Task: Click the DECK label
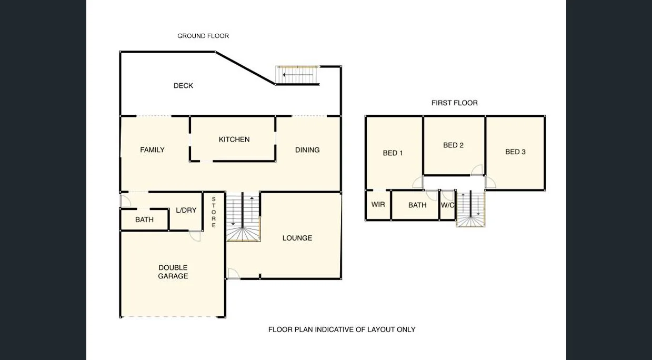click(x=183, y=85)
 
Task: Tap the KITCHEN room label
click(x=234, y=139)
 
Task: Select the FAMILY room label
click(x=152, y=150)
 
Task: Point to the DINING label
click(x=307, y=150)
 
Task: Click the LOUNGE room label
click(x=297, y=238)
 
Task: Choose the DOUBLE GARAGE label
click(x=173, y=272)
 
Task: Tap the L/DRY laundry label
click(x=186, y=210)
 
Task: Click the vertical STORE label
click(x=214, y=212)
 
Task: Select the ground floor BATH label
click(x=144, y=219)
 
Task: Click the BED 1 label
click(x=393, y=153)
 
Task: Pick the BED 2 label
click(x=453, y=145)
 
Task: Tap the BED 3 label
click(x=515, y=152)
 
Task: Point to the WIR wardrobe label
click(x=378, y=204)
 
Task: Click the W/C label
click(x=447, y=205)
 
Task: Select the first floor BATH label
click(x=417, y=205)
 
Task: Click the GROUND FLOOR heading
click(x=203, y=36)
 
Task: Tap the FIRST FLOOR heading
click(x=454, y=103)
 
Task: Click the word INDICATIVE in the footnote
click(x=339, y=329)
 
